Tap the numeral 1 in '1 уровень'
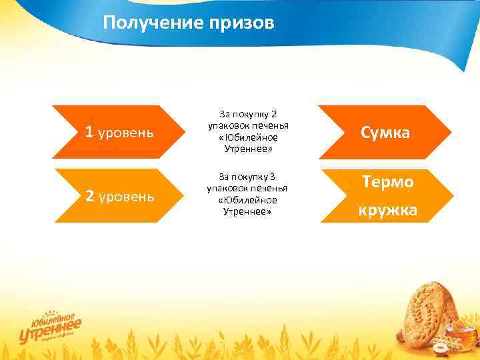click(89, 132)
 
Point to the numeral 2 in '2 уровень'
click(89, 196)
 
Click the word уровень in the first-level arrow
click(126, 133)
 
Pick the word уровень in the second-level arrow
click(126, 197)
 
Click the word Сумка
click(385, 133)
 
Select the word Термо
click(387, 181)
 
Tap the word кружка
click(387, 211)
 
